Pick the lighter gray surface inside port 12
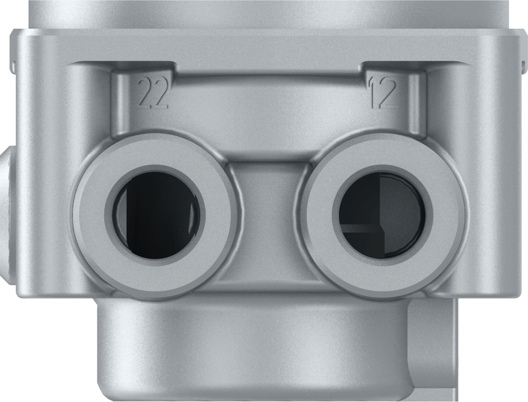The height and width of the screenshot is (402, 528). click(402, 213)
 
